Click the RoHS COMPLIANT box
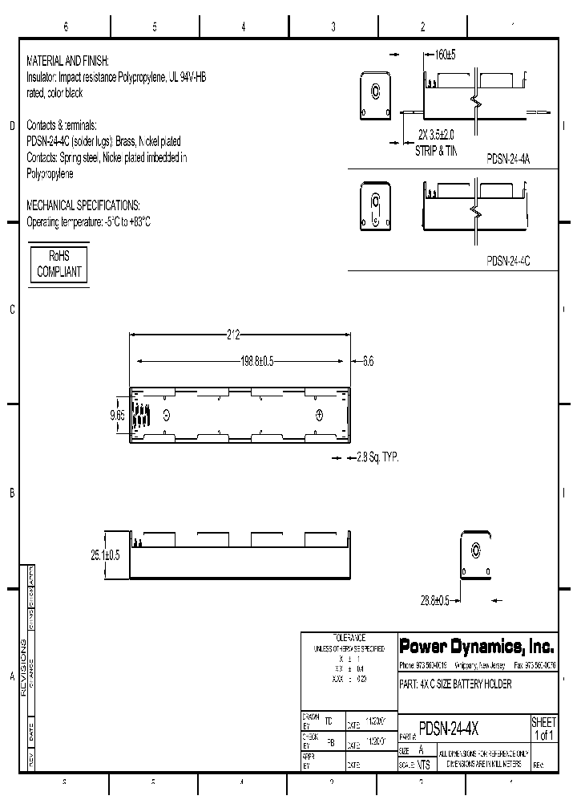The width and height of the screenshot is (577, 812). click(x=59, y=263)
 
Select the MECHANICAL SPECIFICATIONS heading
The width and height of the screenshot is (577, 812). click(x=83, y=205)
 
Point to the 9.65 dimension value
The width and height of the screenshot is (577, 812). click(x=117, y=415)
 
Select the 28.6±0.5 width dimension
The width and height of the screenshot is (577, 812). click(x=435, y=599)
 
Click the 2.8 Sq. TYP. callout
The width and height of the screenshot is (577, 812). click(x=371, y=457)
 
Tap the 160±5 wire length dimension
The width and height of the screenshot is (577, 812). click(x=445, y=55)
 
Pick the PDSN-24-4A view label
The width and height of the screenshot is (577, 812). click(x=508, y=160)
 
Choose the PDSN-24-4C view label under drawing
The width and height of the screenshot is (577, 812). click(x=508, y=260)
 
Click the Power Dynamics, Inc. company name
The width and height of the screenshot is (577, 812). click(x=476, y=647)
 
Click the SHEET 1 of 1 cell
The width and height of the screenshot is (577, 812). click(x=543, y=729)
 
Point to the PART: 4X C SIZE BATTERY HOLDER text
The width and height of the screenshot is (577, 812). click(x=455, y=684)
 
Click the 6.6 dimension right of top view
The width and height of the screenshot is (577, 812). click(x=368, y=362)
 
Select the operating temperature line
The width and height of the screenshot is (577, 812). click(x=89, y=221)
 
